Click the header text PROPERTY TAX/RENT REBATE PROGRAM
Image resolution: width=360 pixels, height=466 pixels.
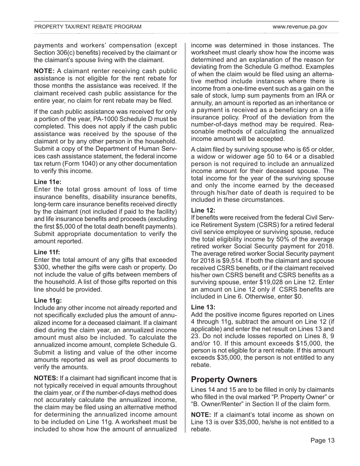[x=88, y=27]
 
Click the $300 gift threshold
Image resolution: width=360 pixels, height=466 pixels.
[x=42, y=267]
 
